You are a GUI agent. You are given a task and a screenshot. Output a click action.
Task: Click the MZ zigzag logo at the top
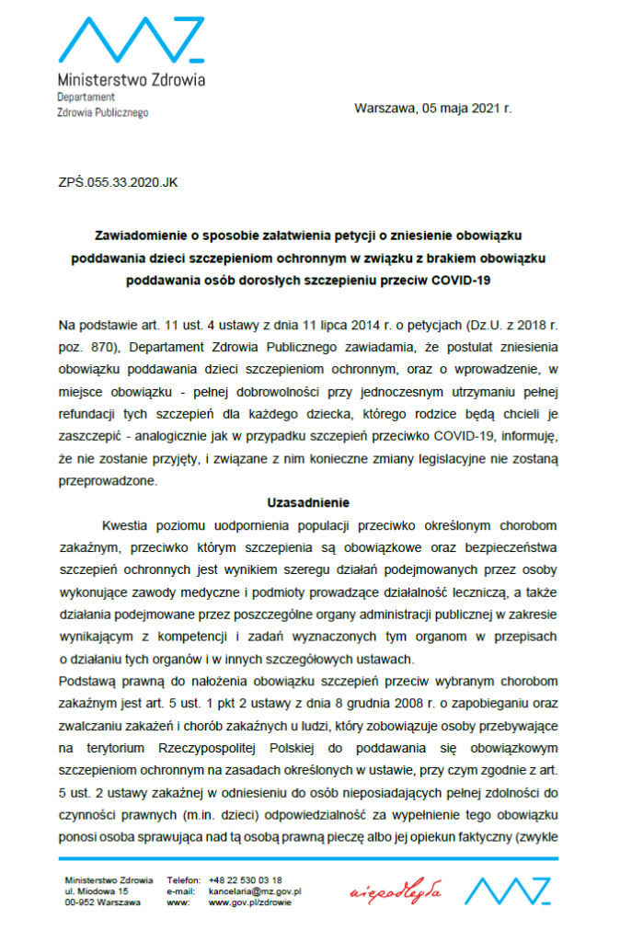[131, 41]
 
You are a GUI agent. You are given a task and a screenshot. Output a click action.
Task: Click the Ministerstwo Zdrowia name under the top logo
[132, 79]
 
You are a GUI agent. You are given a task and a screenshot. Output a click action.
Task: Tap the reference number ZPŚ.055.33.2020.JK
[118, 182]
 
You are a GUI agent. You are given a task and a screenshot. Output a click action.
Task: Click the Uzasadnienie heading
[309, 503]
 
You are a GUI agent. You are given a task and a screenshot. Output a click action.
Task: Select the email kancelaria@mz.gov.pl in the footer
[256, 890]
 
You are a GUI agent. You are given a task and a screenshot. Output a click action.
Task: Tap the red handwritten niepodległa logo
[396, 891]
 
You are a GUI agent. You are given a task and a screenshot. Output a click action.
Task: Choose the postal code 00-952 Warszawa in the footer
[102, 902]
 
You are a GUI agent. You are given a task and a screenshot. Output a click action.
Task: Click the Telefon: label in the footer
[182, 879]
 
